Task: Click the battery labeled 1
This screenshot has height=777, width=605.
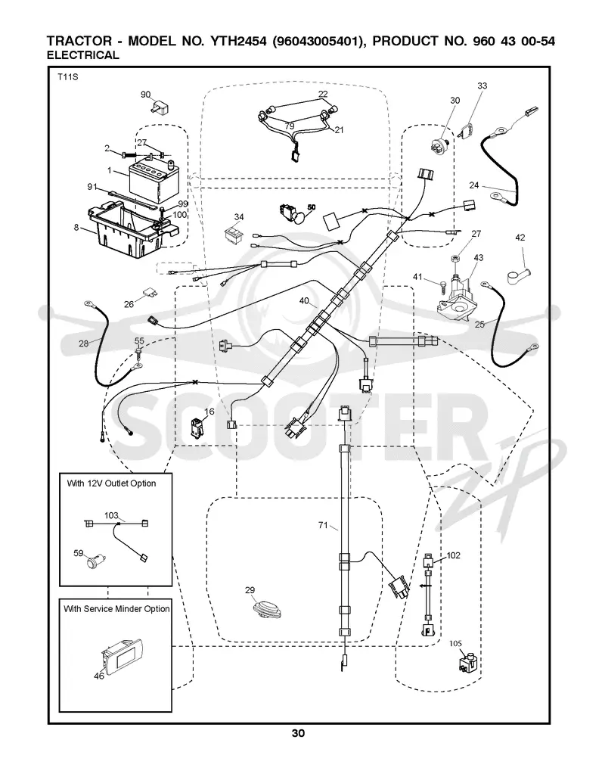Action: [154, 180]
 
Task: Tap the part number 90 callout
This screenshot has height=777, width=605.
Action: [145, 94]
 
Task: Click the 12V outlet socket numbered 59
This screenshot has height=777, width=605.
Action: [94, 562]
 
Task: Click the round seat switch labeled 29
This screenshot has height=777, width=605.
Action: [266, 608]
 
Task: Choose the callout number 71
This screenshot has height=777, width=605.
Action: [323, 525]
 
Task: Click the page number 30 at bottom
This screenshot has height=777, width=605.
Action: [298, 733]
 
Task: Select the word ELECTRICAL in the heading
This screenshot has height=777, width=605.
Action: [82, 55]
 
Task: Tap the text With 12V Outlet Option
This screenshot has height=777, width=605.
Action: [111, 483]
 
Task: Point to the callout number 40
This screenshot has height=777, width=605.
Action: [304, 300]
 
